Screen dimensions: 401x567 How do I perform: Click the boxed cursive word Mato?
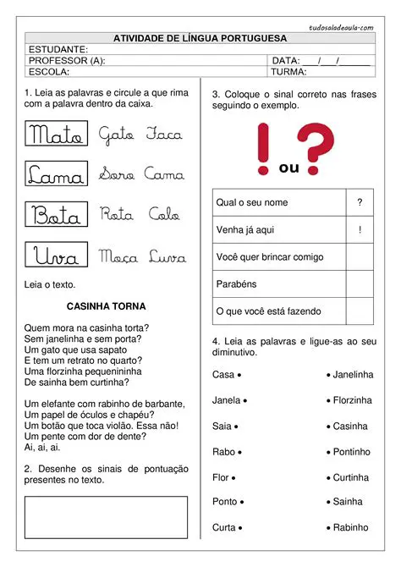[x=56, y=134]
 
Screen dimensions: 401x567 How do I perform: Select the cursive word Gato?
[x=116, y=134]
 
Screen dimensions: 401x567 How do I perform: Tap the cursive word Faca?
[x=164, y=134]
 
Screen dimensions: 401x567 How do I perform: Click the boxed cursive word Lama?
[x=56, y=174]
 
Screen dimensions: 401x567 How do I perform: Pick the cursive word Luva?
[x=168, y=256]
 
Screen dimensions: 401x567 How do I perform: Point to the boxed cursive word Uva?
[x=56, y=256]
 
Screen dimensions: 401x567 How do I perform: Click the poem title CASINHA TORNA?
[x=106, y=306]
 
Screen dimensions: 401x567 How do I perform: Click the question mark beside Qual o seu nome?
[x=360, y=202]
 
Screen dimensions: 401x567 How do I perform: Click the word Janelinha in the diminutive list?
[x=352, y=374]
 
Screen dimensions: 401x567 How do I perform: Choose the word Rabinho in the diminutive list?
[x=351, y=527]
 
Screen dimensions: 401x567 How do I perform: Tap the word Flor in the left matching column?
[x=221, y=477]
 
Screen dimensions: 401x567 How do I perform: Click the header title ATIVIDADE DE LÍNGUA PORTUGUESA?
[x=200, y=38]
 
